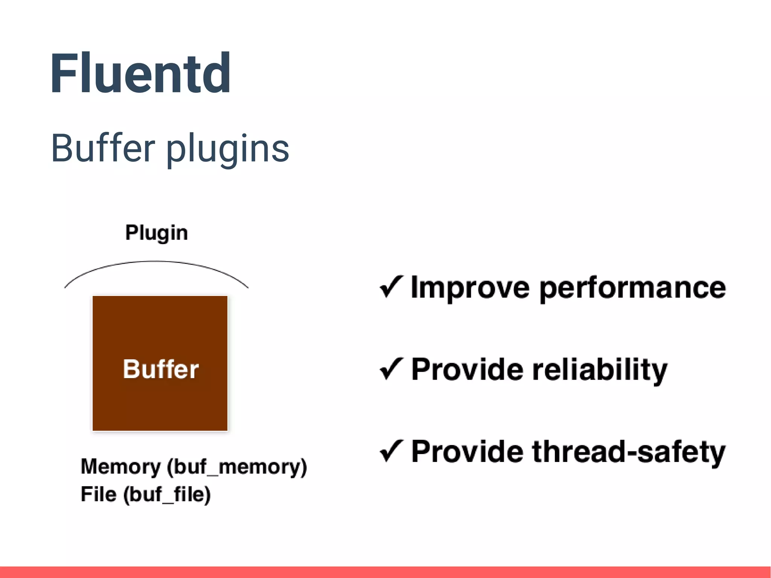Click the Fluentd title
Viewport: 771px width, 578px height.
[x=140, y=73]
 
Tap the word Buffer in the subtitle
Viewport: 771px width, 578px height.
[x=103, y=148]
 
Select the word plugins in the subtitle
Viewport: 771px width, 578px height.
[x=227, y=150]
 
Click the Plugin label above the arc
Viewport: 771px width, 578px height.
[x=156, y=232]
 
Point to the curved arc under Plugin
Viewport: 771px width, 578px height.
[x=156, y=261]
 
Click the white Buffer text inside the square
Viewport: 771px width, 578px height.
[x=161, y=369]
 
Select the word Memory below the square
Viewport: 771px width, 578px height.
[x=120, y=467]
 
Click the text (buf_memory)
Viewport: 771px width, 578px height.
[x=237, y=467]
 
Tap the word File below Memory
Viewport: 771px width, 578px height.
[x=99, y=494]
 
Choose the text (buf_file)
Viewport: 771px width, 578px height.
[x=167, y=495]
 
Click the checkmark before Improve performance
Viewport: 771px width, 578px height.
[x=391, y=287]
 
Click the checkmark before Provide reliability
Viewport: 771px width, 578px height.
[x=391, y=369]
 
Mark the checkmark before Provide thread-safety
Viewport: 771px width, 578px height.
[x=391, y=451]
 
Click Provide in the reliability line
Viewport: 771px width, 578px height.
[x=467, y=369]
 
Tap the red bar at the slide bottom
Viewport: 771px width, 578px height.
[x=385, y=572]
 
